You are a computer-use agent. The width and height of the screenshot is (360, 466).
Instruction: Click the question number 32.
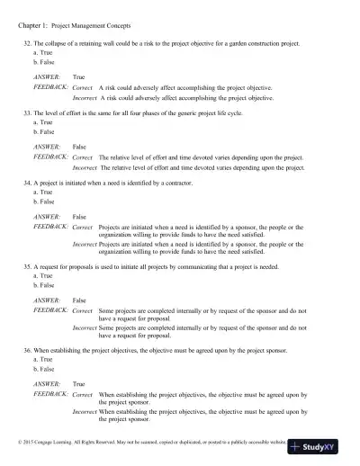point(26,44)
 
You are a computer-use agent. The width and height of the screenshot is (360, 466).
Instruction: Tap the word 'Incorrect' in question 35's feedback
point(85,327)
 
